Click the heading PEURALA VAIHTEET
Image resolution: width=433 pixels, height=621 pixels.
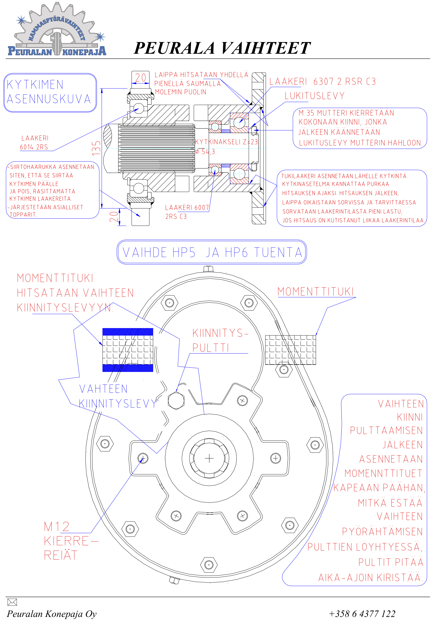[222, 48]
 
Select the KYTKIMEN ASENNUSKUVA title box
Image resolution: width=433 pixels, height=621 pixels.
[50, 92]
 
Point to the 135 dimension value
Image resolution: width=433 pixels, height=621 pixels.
[96, 148]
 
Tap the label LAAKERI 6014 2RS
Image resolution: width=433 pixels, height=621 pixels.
[34, 143]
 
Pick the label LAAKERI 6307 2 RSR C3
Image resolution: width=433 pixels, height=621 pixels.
[322, 81]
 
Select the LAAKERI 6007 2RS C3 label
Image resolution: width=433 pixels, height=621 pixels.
[186, 212]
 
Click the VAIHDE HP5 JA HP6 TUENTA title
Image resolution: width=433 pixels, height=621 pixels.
[212, 252]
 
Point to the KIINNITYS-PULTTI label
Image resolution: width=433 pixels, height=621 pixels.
[220, 340]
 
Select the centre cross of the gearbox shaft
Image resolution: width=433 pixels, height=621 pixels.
[209, 458]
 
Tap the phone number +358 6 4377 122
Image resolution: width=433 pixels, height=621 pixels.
[362, 613]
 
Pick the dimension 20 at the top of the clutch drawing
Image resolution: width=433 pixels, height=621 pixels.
[141, 78]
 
